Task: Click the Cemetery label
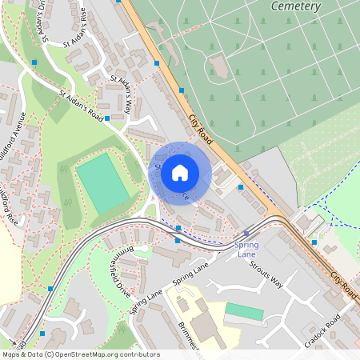tap(296, 6)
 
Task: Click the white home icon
tap(180, 172)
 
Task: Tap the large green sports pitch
tap(102, 183)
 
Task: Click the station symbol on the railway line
tap(245, 235)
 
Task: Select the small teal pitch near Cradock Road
tap(243, 311)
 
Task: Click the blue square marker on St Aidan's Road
tap(107, 118)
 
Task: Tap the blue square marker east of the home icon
tap(241, 187)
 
